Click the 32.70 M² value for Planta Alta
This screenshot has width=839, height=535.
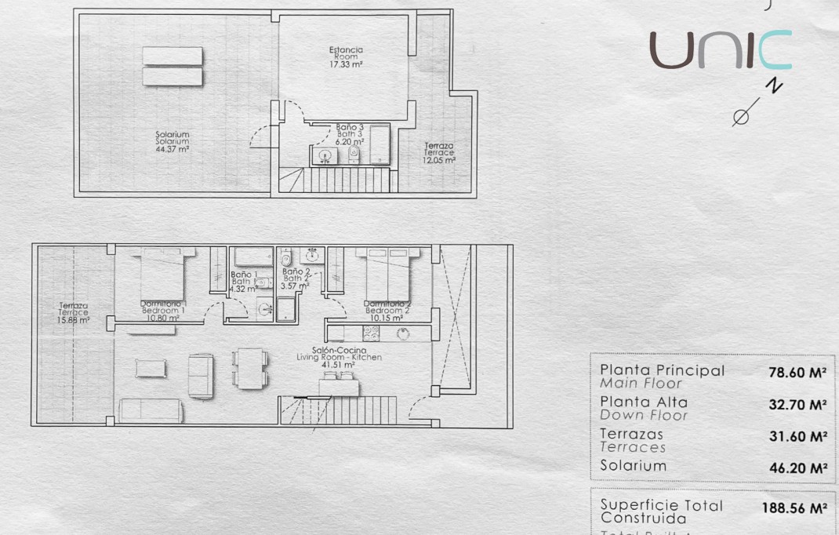[x=797, y=405]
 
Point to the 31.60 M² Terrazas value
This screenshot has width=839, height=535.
[x=797, y=436]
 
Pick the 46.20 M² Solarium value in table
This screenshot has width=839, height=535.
[x=797, y=468]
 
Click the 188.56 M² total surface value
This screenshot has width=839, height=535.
[x=794, y=508]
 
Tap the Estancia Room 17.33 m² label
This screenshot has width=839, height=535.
[x=346, y=57]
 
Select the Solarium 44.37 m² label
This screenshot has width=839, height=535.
[x=173, y=141]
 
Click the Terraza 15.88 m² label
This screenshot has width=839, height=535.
[x=74, y=312]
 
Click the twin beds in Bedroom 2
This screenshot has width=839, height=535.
[x=387, y=273]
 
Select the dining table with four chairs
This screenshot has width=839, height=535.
[x=250, y=368]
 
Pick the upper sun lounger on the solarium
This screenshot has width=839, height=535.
[x=173, y=56]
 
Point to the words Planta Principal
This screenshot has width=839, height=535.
[x=663, y=370]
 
